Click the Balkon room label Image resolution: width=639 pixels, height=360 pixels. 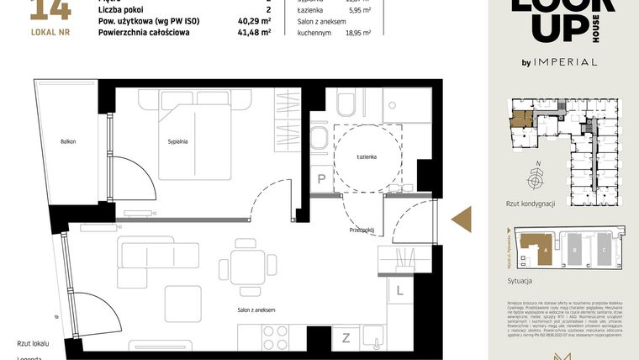coord(68,141)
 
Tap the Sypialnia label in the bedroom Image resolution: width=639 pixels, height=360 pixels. coord(177,141)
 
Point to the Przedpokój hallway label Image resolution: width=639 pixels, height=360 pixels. coord(362,229)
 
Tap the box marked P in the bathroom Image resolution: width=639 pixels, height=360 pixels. coord(321,178)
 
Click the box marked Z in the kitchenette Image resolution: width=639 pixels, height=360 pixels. coord(346,338)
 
